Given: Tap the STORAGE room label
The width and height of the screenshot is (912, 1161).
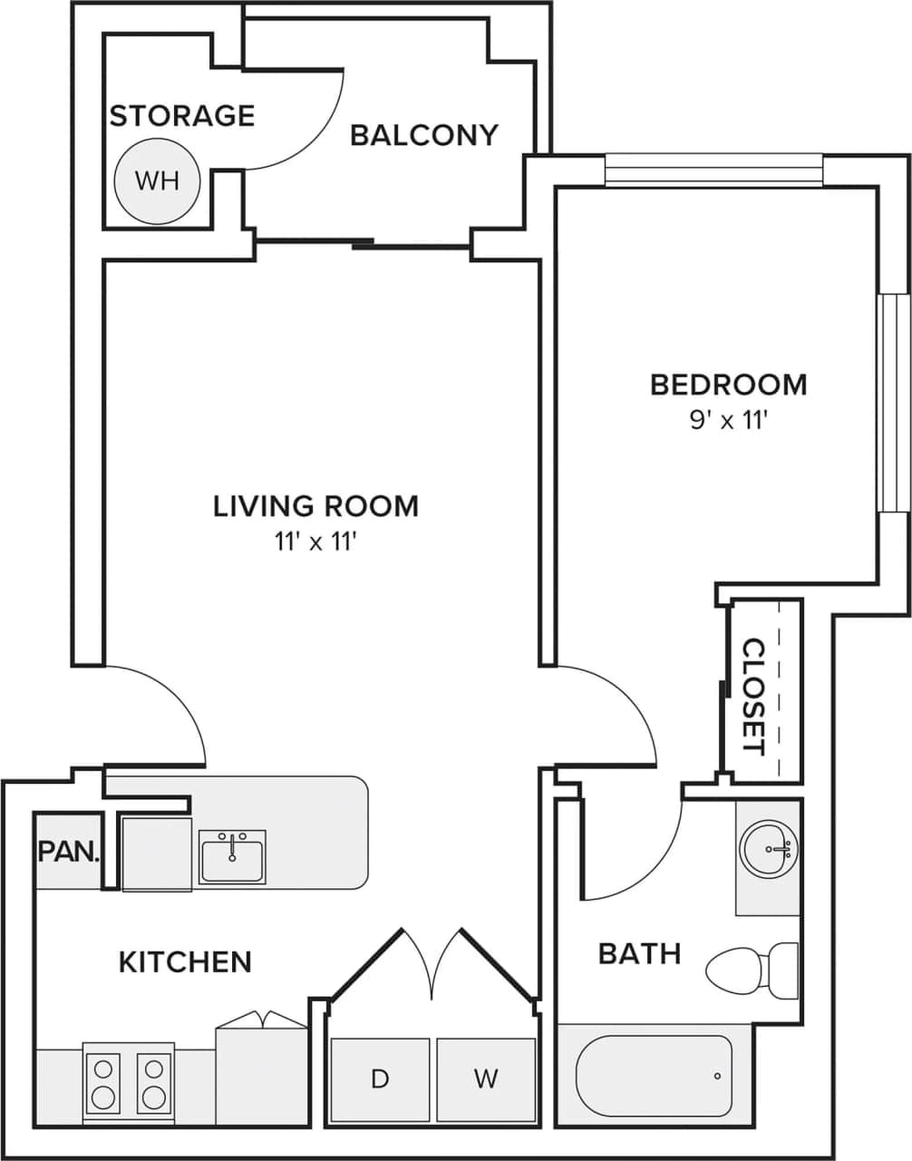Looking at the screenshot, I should click(x=181, y=116).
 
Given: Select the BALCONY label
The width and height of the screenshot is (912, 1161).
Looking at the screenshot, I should click(x=424, y=135).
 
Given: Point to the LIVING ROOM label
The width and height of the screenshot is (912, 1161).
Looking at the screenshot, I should click(x=315, y=505).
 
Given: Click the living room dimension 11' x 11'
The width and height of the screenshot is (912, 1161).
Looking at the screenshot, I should click(x=315, y=542).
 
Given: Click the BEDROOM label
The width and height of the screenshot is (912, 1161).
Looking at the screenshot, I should click(x=728, y=385).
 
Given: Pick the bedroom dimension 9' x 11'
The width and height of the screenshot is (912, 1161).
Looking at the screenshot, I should click(x=728, y=421).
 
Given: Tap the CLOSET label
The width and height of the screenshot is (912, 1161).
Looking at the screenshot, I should click(x=753, y=697).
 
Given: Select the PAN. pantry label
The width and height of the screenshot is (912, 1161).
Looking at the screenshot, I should click(x=68, y=851).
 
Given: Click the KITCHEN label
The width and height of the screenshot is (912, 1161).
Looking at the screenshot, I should click(x=185, y=961).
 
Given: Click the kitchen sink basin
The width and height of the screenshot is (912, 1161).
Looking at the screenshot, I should click(x=232, y=857).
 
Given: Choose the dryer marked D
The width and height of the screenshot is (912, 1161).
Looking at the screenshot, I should click(x=380, y=1079).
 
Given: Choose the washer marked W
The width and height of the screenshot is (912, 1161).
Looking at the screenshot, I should click(x=486, y=1079).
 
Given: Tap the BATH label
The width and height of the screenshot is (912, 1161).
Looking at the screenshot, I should click(x=639, y=953).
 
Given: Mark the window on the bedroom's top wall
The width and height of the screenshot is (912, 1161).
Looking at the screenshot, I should click(x=713, y=170).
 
